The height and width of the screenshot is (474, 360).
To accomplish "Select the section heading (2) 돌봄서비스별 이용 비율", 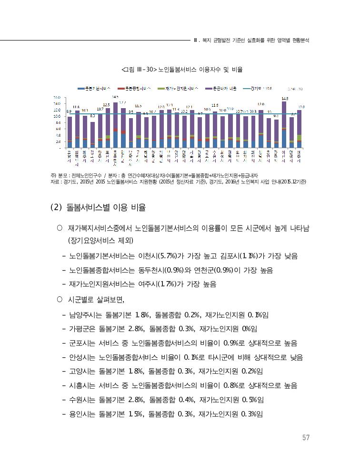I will (x=98, y=208).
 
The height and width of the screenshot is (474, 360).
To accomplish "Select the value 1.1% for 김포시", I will (x=251, y=256).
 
